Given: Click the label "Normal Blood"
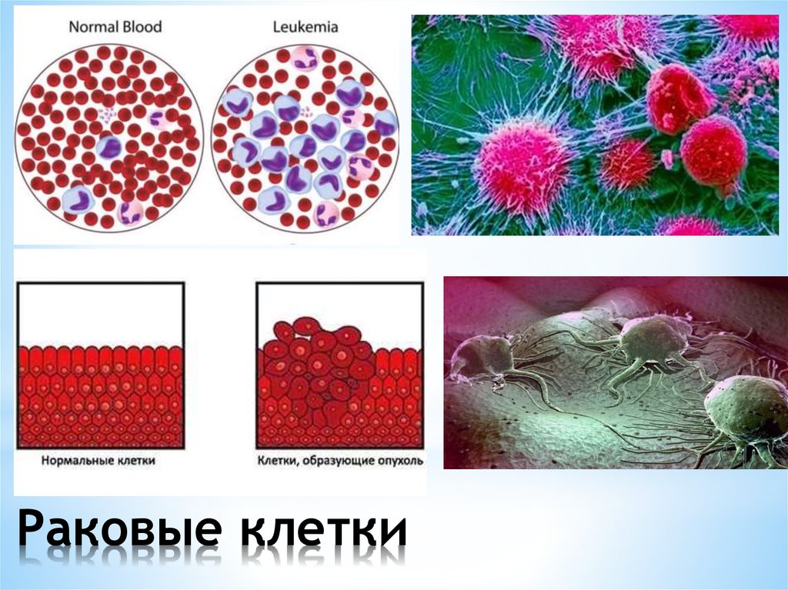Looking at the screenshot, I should tap(115, 26).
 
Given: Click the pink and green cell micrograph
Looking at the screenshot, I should tap(594, 125).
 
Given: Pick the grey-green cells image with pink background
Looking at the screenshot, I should tap(616, 372).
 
